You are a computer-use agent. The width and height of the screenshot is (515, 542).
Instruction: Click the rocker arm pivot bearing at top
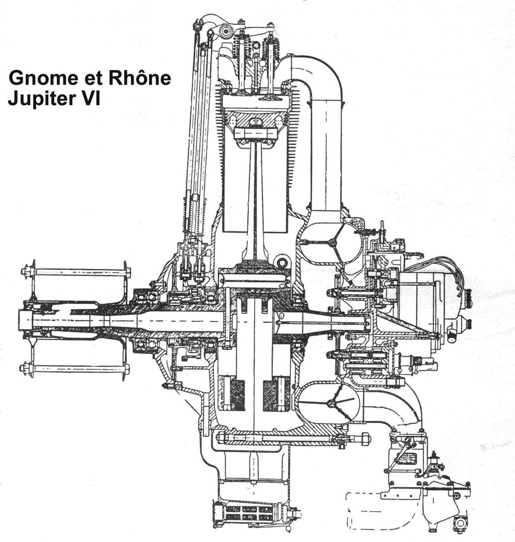tap(226, 31)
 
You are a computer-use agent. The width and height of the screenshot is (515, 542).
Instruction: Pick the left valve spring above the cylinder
tap(242, 48)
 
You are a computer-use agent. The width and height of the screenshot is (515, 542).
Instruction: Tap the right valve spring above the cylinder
tap(271, 48)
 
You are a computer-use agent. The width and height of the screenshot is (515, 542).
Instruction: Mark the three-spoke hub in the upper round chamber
tap(331, 243)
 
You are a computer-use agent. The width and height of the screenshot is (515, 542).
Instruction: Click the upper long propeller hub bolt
tap(76, 272)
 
